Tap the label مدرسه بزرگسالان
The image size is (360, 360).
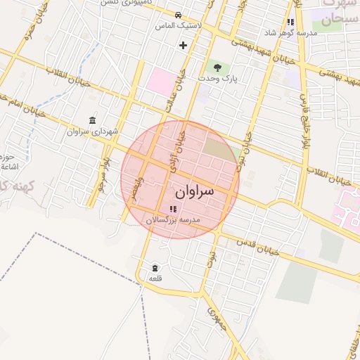tap(173, 220)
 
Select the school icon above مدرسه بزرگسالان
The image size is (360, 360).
tap(173, 209)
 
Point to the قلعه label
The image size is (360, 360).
tap(155, 278)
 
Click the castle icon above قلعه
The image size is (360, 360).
tap(155, 268)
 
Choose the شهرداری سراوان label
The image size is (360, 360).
tap(93, 131)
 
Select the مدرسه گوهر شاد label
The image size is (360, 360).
tap(290, 33)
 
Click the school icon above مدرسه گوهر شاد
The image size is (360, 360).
tap(290, 22)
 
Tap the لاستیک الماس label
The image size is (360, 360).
tap(179, 25)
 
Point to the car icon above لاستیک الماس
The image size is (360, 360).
tap(179, 15)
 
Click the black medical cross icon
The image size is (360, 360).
tap(184, 46)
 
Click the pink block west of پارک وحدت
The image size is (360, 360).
tap(162, 80)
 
